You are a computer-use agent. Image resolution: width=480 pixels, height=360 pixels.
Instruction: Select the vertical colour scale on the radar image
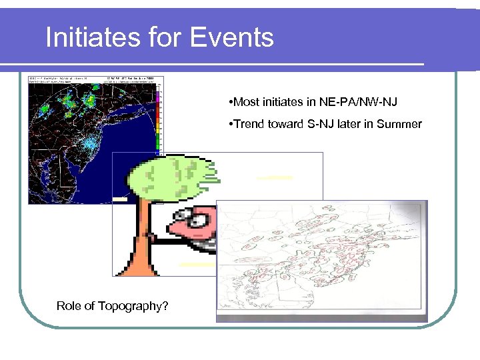click(158, 120)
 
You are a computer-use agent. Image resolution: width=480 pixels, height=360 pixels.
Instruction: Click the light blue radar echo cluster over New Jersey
click(90, 140)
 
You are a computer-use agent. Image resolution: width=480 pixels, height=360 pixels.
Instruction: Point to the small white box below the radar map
click(120, 199)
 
